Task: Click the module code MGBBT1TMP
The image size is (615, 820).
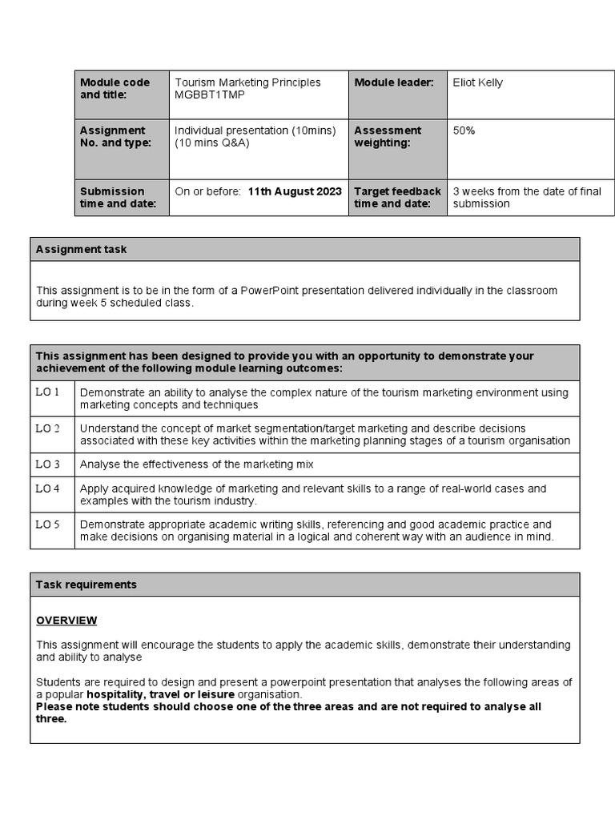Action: click(x=210, y=95)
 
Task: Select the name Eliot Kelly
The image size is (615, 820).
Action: click(x=478, y=82)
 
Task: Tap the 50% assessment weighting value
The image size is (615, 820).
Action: click(x=464, y=131)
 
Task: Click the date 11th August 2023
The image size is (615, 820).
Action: click(x=295, y=191)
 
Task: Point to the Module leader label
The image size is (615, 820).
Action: click(x=393, y=82)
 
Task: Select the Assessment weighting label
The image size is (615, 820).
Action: click(x=388, y=137)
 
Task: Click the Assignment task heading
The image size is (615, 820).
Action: click(x=81, y=249)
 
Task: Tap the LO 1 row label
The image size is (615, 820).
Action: click(x=48, y=392)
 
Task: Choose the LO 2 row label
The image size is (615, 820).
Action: click(x=48, y=428)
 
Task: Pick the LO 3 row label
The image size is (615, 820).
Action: click(x=48, y=464)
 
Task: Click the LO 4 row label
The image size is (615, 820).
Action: click(x=48, y=488)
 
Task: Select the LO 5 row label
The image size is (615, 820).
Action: click(x=48, y=525)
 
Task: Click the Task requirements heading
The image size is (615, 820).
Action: click(x=86, y=585)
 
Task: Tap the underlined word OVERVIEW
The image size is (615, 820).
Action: click(x=66, y=621)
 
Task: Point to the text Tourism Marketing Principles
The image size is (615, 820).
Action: click(x=247, y=82)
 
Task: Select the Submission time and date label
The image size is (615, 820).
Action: click(x=112, y=198)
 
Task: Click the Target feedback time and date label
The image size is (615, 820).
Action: click(x=397, y=198)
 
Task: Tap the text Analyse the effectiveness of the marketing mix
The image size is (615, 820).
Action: click(x=197, y=464)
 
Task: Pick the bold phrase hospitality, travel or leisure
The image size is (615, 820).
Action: click(x=160, y=694)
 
